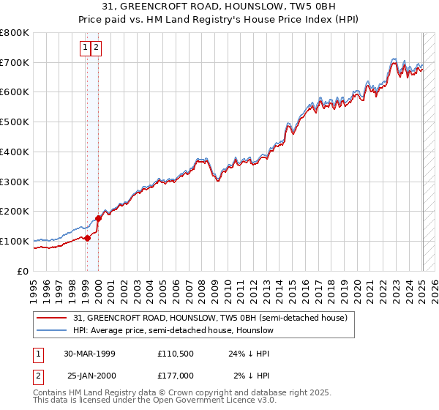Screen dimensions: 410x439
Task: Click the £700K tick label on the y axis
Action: [x=15, y=62]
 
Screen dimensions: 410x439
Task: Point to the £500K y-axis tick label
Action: [x=15, y=122]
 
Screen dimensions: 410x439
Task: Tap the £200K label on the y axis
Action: [x=15, y=212]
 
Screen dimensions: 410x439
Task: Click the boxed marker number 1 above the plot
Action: [x=85, y=48]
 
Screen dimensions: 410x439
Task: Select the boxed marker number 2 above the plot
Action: [x=97, y=48]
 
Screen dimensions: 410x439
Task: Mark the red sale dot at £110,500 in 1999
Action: [x=87, y=237]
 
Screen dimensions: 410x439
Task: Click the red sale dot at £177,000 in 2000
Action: [x=98, y=217]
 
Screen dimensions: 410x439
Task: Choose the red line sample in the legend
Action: [x=53, y=318]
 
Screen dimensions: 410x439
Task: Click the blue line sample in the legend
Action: [x=53, y=330]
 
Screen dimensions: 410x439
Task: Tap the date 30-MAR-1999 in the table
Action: [x=89, y=354]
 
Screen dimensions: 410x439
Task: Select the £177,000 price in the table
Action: [x=176, y=376]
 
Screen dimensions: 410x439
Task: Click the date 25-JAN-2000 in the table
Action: [x=91, y=376]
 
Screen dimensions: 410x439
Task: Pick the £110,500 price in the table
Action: [x=176, y=354]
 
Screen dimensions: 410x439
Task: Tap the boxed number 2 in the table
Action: [x=37, y=376]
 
